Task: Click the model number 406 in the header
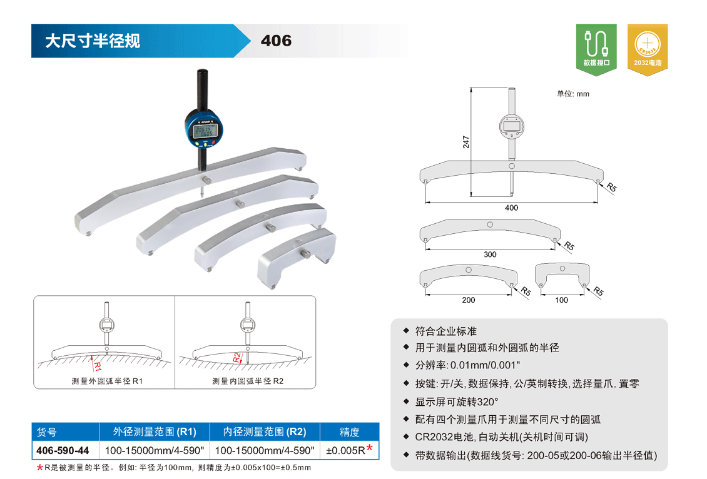276,41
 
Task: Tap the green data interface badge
596,49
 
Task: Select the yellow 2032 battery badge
648,49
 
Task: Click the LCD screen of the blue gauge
205,131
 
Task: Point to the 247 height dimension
465,142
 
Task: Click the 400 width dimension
511,208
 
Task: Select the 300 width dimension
490,255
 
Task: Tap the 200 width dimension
469,300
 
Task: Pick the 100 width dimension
561,300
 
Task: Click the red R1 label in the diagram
98,365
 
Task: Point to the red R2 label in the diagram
237,358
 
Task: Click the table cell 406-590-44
63,451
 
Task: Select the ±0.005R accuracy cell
350,450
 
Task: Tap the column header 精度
350,432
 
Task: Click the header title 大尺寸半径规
93,41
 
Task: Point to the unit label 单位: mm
572,94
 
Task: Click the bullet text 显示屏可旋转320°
457,402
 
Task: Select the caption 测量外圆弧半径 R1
107,381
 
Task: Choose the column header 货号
46,432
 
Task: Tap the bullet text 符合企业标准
446,331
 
